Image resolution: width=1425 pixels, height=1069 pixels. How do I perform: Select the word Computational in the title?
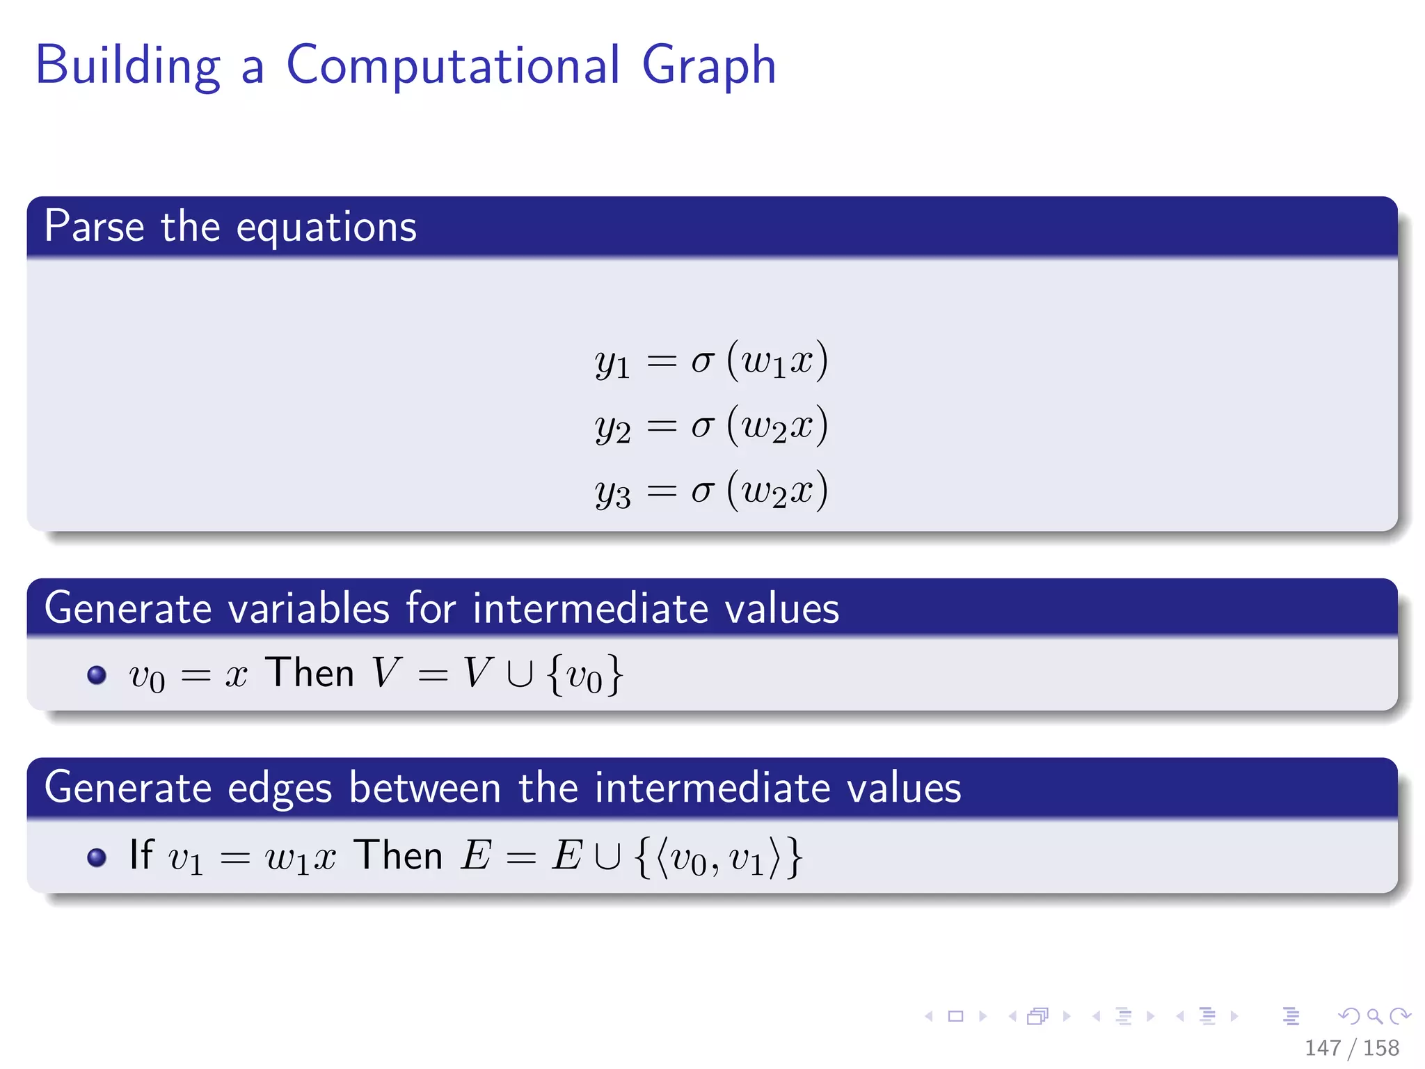click(x=452, y=65)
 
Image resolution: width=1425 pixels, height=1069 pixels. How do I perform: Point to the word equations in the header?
click(x=326, y=228)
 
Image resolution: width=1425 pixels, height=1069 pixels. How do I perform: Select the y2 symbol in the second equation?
click(x=612, y=427)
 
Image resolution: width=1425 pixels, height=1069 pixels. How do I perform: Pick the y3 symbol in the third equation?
click(x=612, y=492)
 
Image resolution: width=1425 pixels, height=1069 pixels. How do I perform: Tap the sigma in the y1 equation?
click(x=702, y=361)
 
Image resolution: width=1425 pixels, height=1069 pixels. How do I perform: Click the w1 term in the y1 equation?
click(x=764, y=362)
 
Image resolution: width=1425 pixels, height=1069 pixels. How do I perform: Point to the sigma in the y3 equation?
click(x=702, y=490)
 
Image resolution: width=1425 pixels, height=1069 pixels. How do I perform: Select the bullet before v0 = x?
click(x=97, y=674)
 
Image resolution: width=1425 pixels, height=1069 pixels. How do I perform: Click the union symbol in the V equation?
click(x=520, y=674)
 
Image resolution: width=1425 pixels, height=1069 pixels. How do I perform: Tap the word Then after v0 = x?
click(x=310, y=672)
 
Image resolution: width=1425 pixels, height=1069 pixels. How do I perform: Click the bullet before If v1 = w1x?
click(x=97, y=857)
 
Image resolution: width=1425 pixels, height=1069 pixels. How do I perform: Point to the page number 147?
click(x=1323, y=1047)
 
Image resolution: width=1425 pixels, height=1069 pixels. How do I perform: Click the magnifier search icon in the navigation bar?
click(x=1374, y=1016)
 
